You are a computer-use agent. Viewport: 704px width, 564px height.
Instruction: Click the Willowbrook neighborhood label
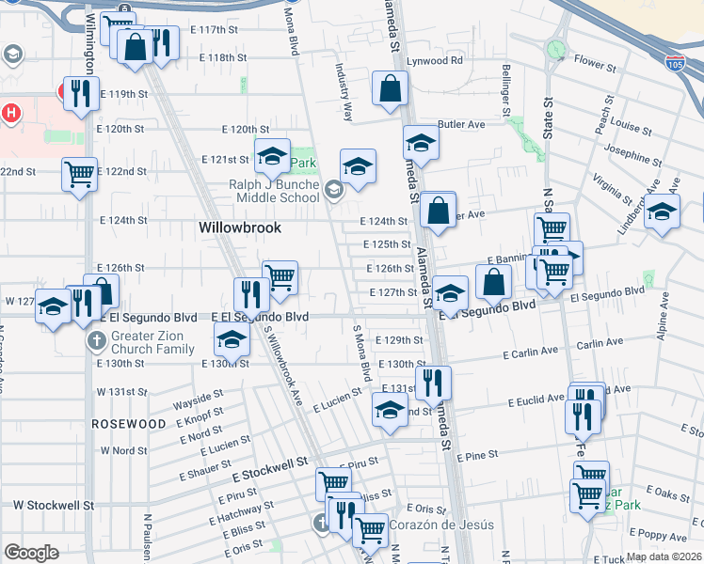[241, 227]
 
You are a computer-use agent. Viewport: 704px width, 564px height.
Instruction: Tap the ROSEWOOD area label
[129, 424]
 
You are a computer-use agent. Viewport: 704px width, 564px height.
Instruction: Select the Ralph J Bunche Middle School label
[274, 192]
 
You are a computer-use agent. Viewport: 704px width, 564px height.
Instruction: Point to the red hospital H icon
[10, 114]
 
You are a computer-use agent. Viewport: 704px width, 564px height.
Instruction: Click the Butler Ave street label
[461, 124]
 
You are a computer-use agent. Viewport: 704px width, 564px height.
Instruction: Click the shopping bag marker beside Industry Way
[390, 90]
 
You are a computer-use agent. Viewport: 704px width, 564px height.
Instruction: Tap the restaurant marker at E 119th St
[81, 92]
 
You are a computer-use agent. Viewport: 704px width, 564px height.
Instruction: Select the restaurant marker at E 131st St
[433, 381]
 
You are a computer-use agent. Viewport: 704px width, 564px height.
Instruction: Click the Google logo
[30, 552]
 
